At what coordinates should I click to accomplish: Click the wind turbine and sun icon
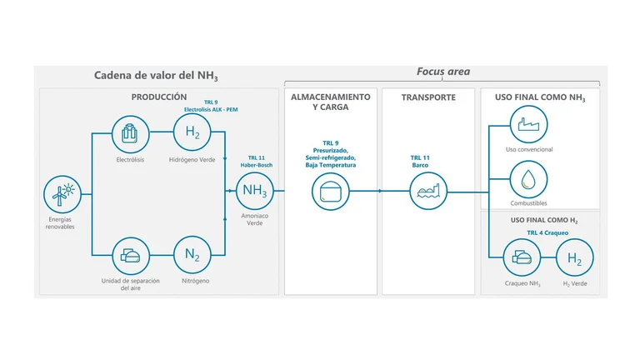(x=62, y=194)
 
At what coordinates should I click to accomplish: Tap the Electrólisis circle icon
(x=131, y=134)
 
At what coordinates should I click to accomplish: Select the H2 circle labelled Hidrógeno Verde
(x=192, y=132)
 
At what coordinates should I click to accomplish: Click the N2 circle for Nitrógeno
(x=192, y=255)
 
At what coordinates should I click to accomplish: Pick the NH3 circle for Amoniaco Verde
(x=255, y=191)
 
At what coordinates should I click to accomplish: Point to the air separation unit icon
(x=131, y=256)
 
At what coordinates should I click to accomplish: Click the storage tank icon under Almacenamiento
(x=331, y=191)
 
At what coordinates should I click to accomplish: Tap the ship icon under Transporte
(x=428, y=191)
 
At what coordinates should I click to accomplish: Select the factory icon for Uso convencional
(x=528, y=124)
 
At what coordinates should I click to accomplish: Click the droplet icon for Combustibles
(x=528, y=180)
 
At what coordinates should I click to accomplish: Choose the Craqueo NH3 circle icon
(x=522, y=257)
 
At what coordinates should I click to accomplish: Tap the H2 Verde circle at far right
(x=575, y=257)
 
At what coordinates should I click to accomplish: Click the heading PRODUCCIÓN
(x=159, y=97)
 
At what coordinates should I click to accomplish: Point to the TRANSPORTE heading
(x=428, y=97)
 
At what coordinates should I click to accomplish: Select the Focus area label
(x=443, y=72)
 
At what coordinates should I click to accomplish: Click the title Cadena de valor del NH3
(x=156, y=76)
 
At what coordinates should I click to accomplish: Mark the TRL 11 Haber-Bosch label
(x=257, y=162)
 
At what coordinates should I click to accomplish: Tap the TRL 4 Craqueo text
(x=547, y=232)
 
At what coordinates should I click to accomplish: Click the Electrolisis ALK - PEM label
(x=211, y=109)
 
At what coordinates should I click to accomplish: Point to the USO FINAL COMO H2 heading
(x=544, y=220)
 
